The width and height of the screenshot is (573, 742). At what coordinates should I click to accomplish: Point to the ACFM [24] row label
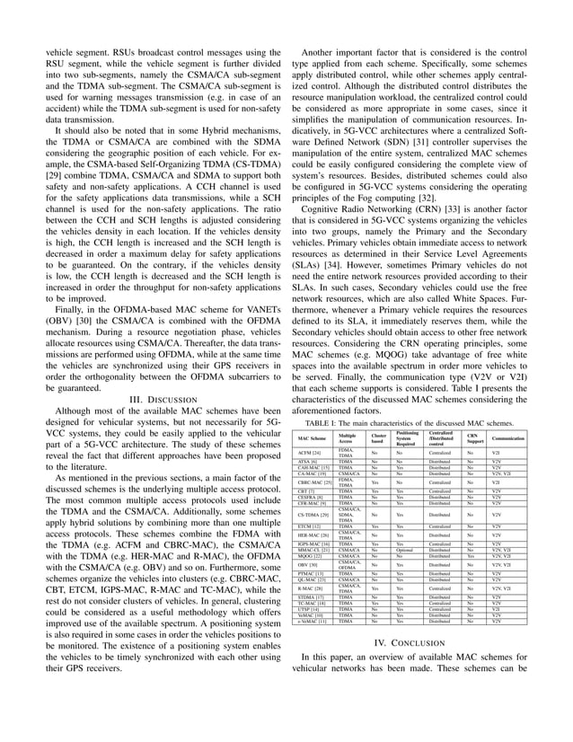pyautogui.click(x=309, y=454)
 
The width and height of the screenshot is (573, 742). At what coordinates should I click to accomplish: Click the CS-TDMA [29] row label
pyautogui.click(x=312, y=514)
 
